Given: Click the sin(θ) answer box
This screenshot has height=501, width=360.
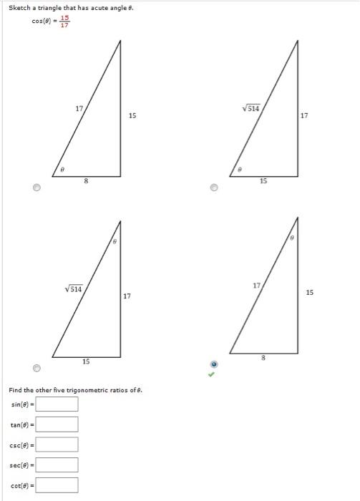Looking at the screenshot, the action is pos(57,404).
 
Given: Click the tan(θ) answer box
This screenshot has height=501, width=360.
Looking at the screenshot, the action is pos(57,424).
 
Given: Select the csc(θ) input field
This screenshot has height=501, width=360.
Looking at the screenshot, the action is pos(57,444).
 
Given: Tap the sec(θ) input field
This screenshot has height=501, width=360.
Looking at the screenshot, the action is pos(57,464).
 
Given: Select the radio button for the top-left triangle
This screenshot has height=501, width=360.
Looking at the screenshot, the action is pos(37,188).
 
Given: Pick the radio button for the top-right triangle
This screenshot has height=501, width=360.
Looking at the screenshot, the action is pos(213,188).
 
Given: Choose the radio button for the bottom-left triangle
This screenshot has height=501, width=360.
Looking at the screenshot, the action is pos(37,368).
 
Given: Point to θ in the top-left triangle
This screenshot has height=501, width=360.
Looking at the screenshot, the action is pos(63,170).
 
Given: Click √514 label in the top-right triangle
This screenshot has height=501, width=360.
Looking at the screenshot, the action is pos(253,109).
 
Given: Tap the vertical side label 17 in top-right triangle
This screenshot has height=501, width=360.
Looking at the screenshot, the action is pos(305,115).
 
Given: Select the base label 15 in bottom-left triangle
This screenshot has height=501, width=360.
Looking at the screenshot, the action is pos(86,362).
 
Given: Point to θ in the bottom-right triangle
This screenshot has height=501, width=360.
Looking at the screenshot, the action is pos(292,236).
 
